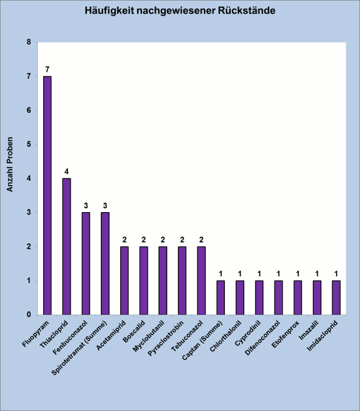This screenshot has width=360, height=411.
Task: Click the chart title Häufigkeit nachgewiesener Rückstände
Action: (179, 11)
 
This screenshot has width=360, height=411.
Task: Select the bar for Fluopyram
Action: (48, 195)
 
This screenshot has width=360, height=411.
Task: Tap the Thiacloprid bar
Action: (66, 246)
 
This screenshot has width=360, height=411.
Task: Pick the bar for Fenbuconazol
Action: (86, 263)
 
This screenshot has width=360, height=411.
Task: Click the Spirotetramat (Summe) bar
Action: (105, 263)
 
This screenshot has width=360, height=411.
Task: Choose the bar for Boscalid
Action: (143, 280)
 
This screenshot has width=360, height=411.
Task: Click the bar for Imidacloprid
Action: (336, 297)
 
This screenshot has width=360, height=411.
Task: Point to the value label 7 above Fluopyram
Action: (48, 70)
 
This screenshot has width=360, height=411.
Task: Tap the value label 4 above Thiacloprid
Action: (66, 172)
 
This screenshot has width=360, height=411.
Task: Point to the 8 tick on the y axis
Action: (29, 43)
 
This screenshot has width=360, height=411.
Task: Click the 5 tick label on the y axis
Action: (29, 145)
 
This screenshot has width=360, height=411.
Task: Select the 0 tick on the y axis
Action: (29, 315)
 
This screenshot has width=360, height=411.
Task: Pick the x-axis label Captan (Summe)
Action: (205, 340)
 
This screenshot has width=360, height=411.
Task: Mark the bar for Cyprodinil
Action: (259, 297)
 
